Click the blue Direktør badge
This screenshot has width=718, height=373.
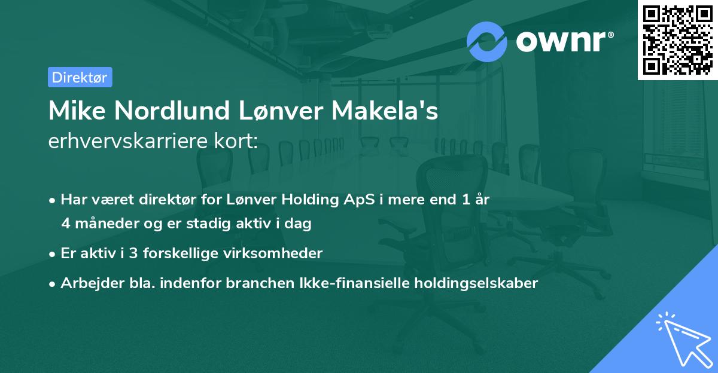click(80, 77)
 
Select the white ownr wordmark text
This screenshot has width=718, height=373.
click(564, 41)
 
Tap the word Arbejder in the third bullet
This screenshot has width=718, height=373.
click(86, 283)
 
